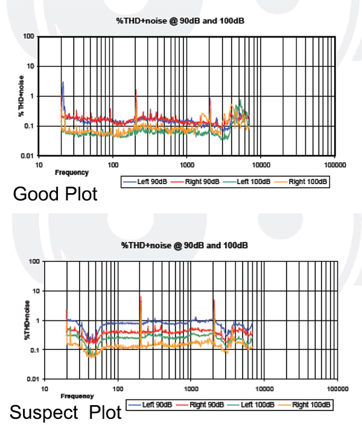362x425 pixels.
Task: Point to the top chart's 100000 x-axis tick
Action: click(334, 164)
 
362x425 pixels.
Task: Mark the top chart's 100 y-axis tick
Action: click(28, 36)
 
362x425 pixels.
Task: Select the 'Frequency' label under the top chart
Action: click(72, 173)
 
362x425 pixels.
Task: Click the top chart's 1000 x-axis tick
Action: click(186, 164)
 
